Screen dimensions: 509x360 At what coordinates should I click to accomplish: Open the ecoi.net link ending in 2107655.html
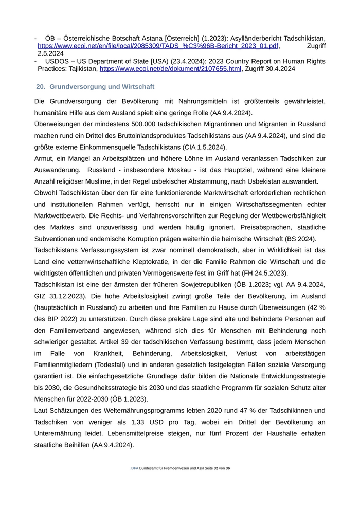tap(170, 68)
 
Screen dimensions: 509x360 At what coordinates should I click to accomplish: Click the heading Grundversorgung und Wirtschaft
tap(102, 87)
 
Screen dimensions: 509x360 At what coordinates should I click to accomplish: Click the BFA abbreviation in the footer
tap(135, 468)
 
